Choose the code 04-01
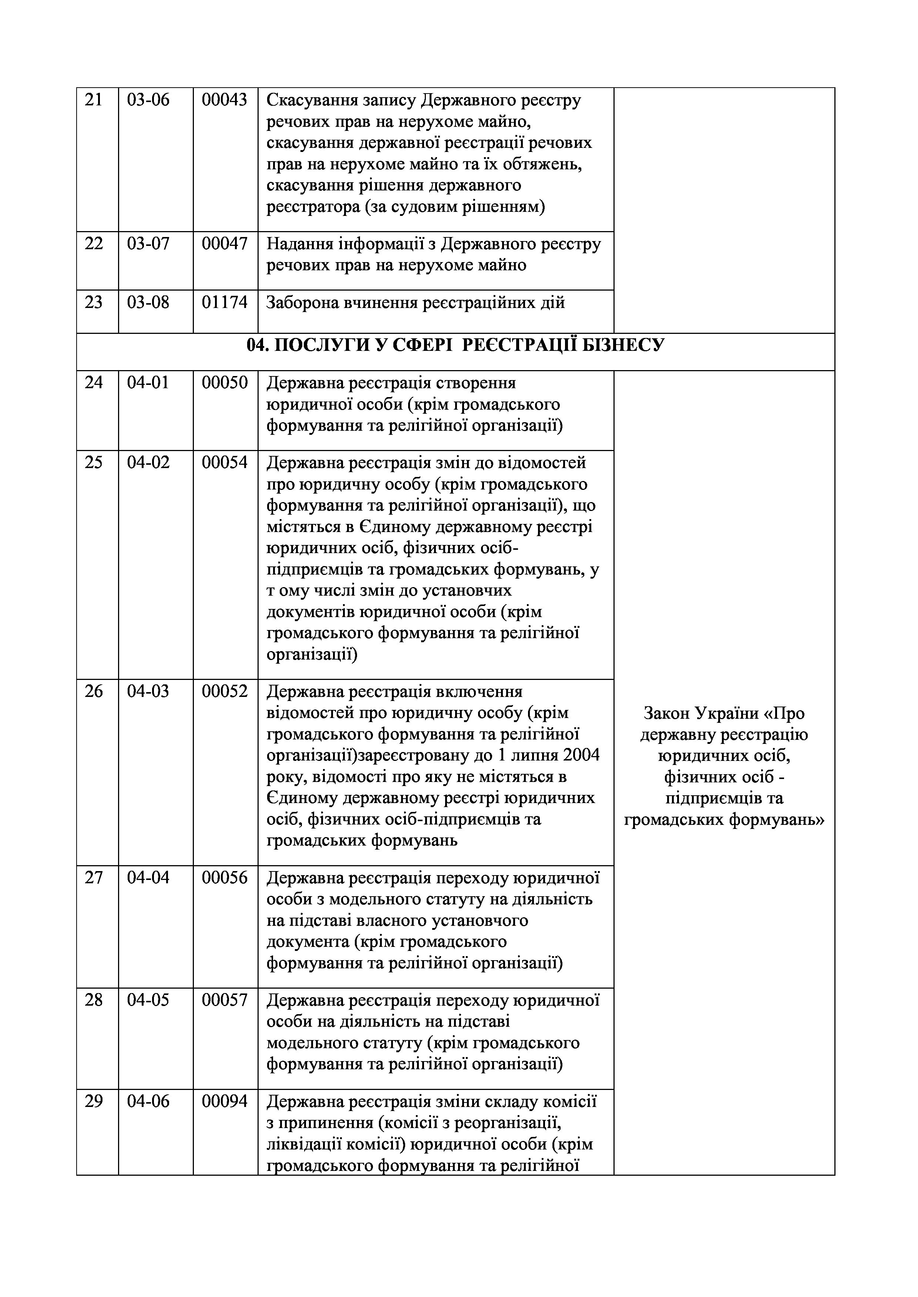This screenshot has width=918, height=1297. (148, 383)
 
